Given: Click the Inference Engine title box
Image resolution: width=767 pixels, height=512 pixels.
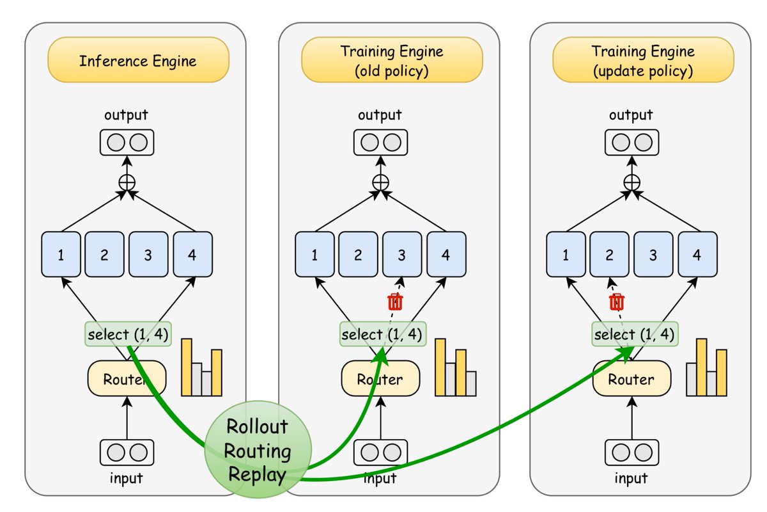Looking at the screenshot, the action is pos(138,60).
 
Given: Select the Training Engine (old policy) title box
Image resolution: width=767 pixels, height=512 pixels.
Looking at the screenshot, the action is pos(392,60).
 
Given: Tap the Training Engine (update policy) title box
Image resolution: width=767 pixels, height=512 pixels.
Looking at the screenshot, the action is pos(643,60).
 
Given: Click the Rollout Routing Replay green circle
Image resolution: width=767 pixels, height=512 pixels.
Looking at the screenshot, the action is pos(258,449).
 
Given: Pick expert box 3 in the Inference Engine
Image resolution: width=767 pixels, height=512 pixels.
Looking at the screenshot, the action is pos(148,254).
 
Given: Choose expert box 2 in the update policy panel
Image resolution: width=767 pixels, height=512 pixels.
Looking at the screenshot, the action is pos(610,254).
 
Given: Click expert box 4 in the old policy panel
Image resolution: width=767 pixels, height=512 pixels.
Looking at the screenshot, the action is pos(446,254).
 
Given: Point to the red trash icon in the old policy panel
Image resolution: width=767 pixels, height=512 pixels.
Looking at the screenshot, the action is pos(395,302).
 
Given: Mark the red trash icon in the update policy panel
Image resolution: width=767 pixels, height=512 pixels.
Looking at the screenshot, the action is pos(617,302).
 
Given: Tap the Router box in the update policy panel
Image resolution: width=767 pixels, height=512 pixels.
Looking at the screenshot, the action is pos(631,378).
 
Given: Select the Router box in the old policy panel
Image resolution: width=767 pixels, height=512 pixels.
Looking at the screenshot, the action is pos(380,378).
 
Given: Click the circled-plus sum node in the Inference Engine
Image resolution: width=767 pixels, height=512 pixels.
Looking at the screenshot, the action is pos(127,182).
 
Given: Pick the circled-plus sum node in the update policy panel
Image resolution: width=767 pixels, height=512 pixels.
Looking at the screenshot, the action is pos(631,182).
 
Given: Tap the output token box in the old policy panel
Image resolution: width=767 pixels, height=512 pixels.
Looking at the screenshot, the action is pos(380,142).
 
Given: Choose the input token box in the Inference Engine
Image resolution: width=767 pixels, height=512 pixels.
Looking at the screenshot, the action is pos(127,452).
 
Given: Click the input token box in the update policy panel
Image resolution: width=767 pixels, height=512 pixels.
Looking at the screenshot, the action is pos(631,452).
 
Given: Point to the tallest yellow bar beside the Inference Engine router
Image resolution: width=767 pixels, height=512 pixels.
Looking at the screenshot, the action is pos(187,367).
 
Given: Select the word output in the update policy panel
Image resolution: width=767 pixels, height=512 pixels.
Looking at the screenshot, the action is pos(631,115).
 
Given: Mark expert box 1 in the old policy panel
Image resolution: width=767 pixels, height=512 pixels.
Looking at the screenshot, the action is pos(314,254).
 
